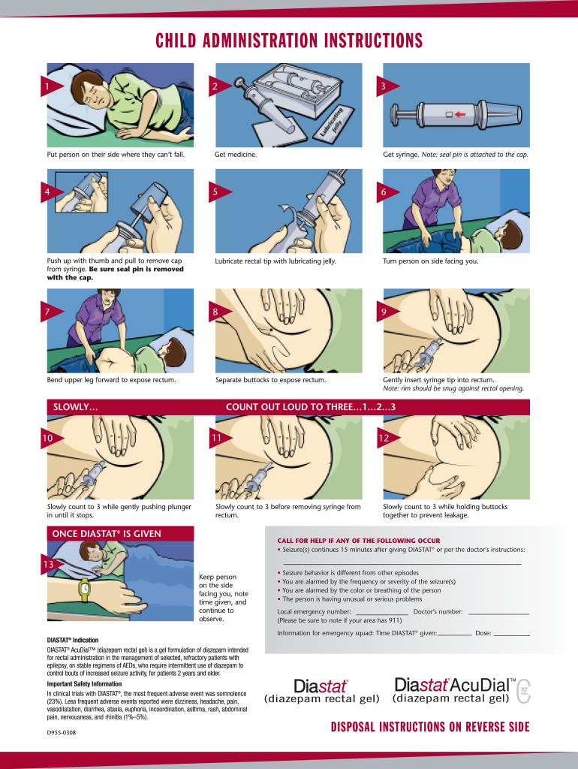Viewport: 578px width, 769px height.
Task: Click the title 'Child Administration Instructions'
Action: pyautogui.click(x=289, y=40)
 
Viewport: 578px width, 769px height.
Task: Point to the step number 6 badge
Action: pyautogui.click(x=384, y=192)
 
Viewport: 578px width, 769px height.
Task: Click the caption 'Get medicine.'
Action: pyautogui.click(x=236, y=154)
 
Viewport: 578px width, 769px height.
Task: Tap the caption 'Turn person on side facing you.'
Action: pyautogui.click(x=430, y=261)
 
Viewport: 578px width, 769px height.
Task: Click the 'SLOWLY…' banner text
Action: pyautogui.click(x=75, y=407)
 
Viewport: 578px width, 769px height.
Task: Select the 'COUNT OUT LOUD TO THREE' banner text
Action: pyautogui.click(x=311, y=407)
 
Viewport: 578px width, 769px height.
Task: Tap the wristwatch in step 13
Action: pyautogui.click(x=85, y=590)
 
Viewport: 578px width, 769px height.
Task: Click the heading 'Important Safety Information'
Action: pyautogui.click(x=84, y=684)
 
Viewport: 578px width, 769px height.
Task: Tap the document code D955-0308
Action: pyautogui.click(x=62, y=732)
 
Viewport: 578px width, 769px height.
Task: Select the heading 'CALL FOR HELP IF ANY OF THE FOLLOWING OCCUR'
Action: pyautogui.click(x=358, y=541)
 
